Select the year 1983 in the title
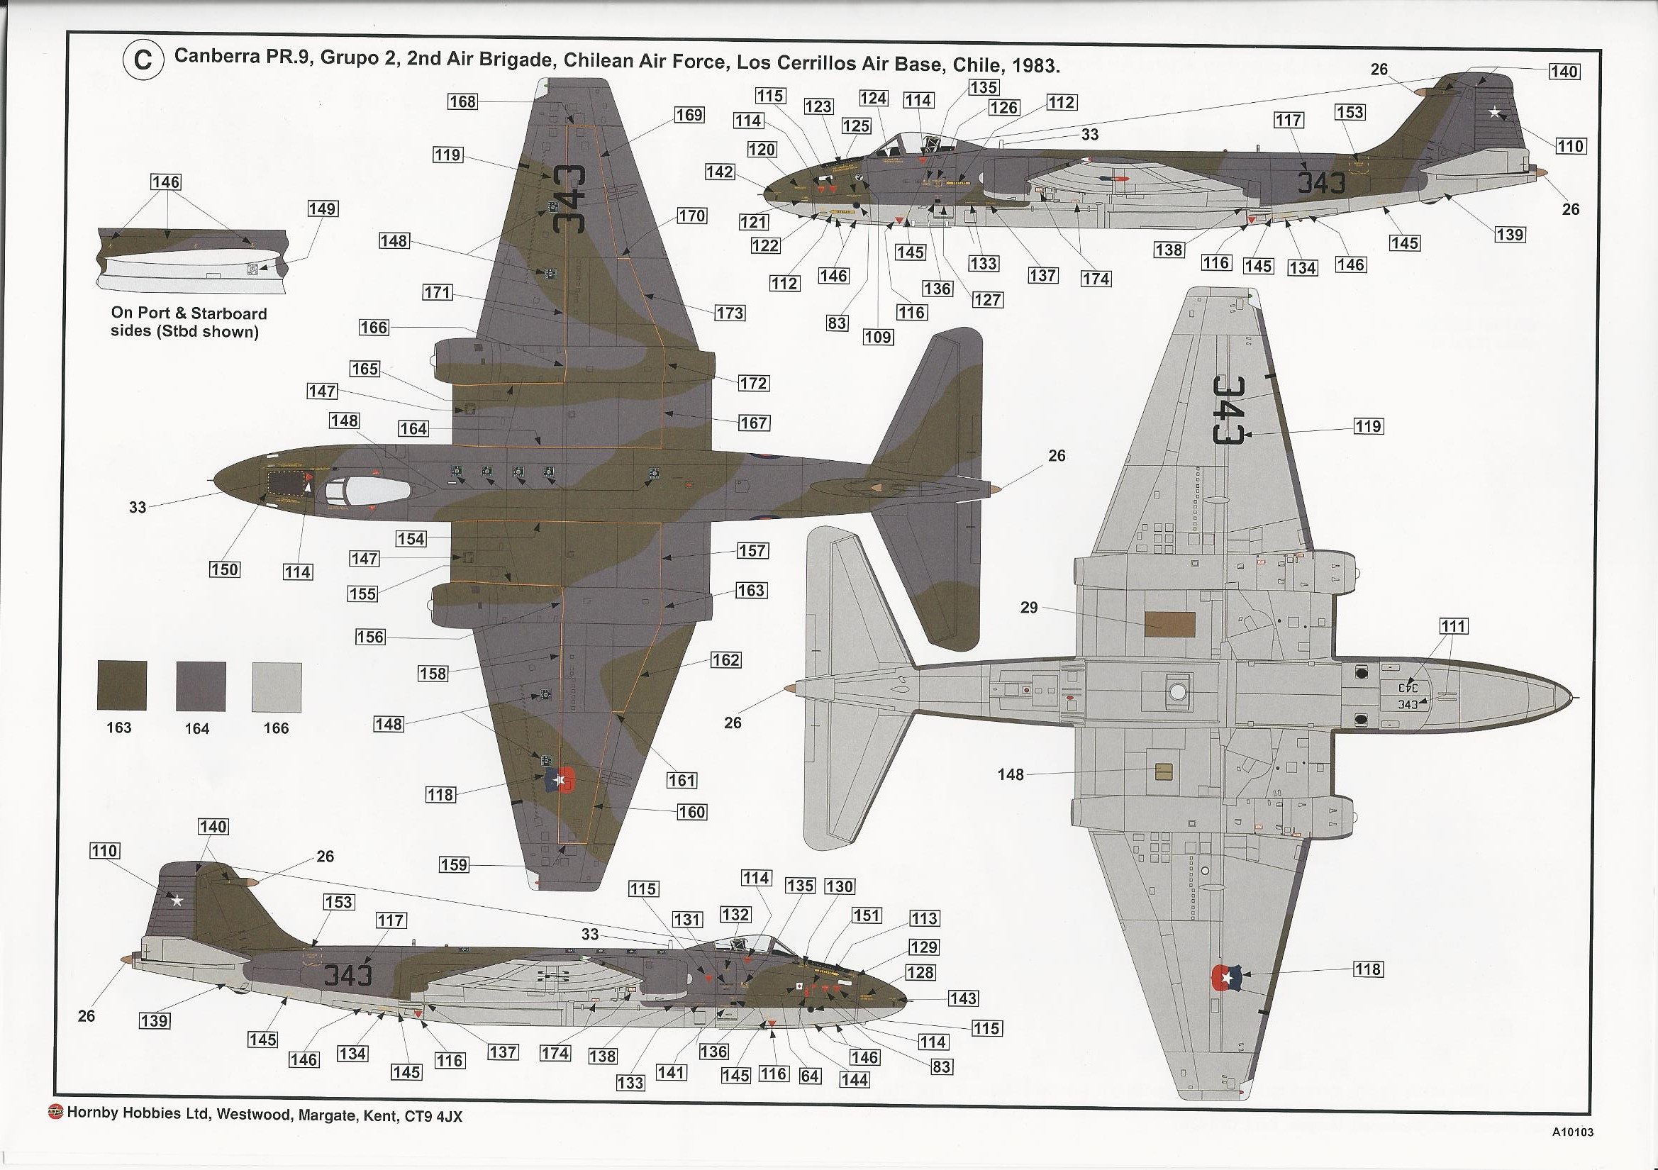click(x=1035, y=65)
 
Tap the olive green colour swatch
click(x=122, y=686)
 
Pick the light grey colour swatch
click(x=277, y=687)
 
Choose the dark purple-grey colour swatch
click(x=201, y=687)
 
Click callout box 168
click(x=462, y=102)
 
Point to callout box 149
click(x=322, y=208)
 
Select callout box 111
click(x=1453, y=626)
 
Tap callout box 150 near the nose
click(x=224, y=569)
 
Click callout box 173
click(x=729, y=313)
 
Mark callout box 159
click(x=453, y=864)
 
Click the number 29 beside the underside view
click(x=1028, y=608)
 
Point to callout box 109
click(x=878, y=338)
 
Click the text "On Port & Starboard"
click(x=189, y=313)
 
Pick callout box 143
click(x=962, y=998)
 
